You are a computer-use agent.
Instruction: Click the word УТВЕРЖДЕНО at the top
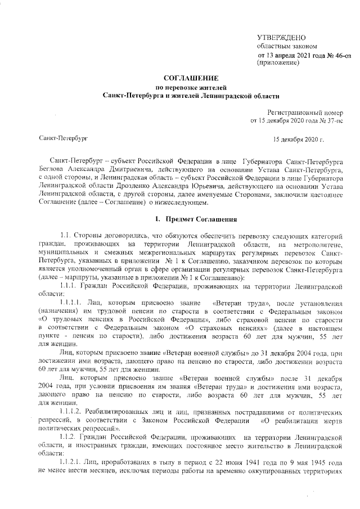click(x=281, y=37)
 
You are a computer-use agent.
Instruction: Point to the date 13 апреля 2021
click(x=286, y=55)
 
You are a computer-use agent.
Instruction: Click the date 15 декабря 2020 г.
click(x=299, y=138)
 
